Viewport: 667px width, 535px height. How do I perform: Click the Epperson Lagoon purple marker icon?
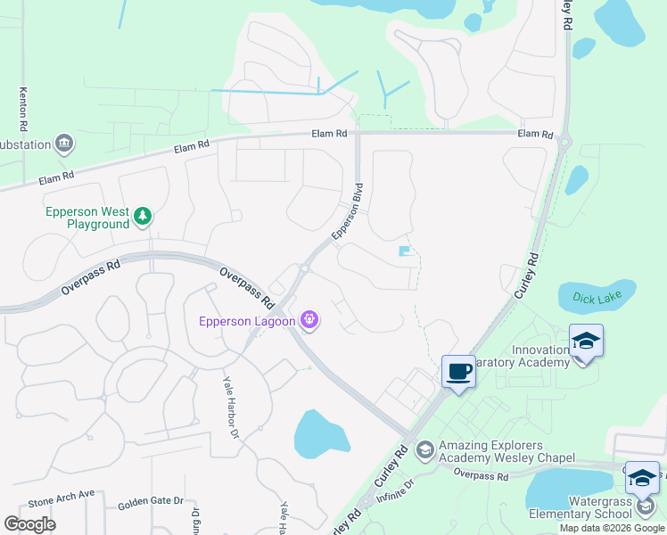(309, 318)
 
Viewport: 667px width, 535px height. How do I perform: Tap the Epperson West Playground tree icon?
(142, 216)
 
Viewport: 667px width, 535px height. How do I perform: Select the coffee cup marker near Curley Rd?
(458, 371)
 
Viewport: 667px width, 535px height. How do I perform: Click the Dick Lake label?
(597, 298)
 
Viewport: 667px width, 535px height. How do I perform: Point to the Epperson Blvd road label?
(348, 211)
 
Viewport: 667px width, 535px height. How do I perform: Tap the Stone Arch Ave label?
(61, 494)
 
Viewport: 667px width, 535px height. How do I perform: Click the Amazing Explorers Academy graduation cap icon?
(424, 449)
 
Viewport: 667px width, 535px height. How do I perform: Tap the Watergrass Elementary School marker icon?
(642, 478)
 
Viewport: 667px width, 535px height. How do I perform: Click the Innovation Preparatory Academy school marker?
(586, 342)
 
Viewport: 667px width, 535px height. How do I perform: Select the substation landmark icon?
(63, 143)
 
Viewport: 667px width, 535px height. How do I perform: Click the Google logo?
(29, 524)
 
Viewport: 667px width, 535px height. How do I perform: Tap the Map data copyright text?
(612, 528)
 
